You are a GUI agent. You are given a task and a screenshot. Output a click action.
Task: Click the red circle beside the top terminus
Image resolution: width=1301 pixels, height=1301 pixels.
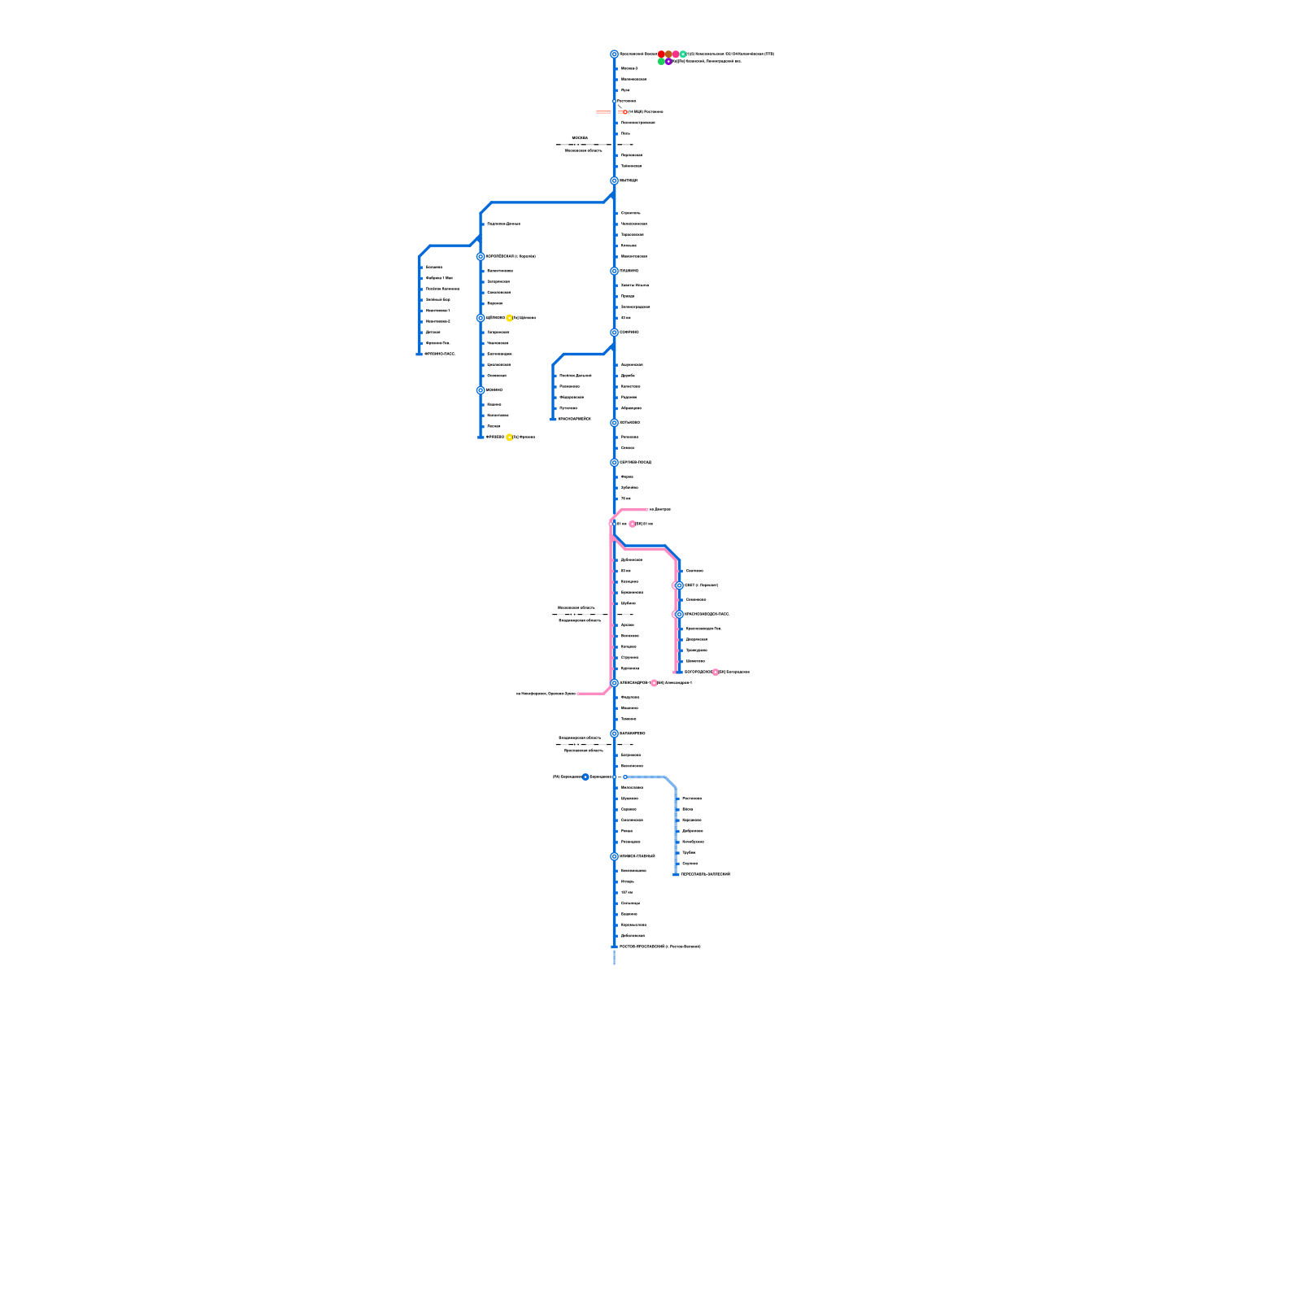pos(661,54)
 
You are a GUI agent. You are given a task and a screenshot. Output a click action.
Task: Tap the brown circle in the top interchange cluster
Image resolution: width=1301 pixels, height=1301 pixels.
pos(668,54)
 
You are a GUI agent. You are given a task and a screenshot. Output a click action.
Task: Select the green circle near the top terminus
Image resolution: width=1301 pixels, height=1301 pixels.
pos(661,62)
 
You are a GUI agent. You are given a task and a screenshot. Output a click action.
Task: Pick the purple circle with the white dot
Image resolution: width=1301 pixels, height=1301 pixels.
pos(668,62)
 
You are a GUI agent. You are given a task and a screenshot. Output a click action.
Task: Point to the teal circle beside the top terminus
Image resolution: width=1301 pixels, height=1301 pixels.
pos(683,54)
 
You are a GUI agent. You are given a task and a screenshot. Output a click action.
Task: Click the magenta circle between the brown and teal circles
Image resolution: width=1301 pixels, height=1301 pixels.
pos(676,54)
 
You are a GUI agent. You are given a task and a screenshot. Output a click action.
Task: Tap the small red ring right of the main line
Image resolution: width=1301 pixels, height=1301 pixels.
pos(625,112)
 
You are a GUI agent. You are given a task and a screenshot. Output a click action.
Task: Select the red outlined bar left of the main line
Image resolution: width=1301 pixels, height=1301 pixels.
pos(603,112)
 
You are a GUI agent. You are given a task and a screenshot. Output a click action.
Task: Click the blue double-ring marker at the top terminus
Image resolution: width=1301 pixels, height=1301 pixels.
pos(614,54)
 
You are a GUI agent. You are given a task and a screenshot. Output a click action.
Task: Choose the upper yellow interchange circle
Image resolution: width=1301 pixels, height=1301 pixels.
pos(509,318)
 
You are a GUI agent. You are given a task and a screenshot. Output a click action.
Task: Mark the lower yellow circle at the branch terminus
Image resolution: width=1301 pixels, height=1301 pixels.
pos(509,437)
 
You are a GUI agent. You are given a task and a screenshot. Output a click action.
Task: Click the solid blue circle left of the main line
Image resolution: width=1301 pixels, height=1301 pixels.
pos(585,777)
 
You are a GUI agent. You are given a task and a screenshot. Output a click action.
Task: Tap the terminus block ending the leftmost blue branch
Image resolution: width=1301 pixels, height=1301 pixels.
pos(420,354)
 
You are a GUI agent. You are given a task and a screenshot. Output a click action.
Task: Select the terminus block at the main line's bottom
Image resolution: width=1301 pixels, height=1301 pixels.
pos(614,946)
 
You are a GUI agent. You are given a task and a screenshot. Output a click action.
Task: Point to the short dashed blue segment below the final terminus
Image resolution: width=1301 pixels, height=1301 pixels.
pos(614,957)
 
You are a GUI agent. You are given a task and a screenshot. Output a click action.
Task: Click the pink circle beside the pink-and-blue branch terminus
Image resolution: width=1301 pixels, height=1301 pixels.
pos(716,672)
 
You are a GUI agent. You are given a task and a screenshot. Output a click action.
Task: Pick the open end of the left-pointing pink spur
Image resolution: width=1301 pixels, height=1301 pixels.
pos(578,694)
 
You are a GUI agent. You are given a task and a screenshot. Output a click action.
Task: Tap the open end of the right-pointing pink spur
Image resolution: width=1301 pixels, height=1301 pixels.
pos(647,510)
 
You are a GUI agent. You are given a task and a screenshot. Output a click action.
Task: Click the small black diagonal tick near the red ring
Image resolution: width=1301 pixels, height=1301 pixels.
pos(620,106)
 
